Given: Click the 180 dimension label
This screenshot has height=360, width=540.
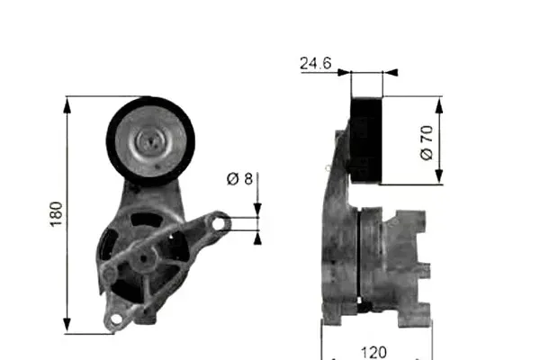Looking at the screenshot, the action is (x=56, y=214).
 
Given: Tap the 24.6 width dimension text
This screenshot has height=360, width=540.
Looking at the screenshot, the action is (x=316, y=63).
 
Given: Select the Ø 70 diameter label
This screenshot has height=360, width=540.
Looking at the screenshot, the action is (x=427, y=142).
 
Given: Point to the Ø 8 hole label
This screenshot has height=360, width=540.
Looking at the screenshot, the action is (x=239, y=179).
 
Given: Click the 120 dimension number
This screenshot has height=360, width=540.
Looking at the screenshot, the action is (x=373, y=352).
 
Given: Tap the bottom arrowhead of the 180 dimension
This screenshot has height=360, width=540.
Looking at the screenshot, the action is (x=67, y=325).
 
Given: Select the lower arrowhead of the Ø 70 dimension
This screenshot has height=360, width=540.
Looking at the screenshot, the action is (x=439, y=176).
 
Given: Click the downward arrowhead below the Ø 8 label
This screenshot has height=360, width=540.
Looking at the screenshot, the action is (x=257, y=210).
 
